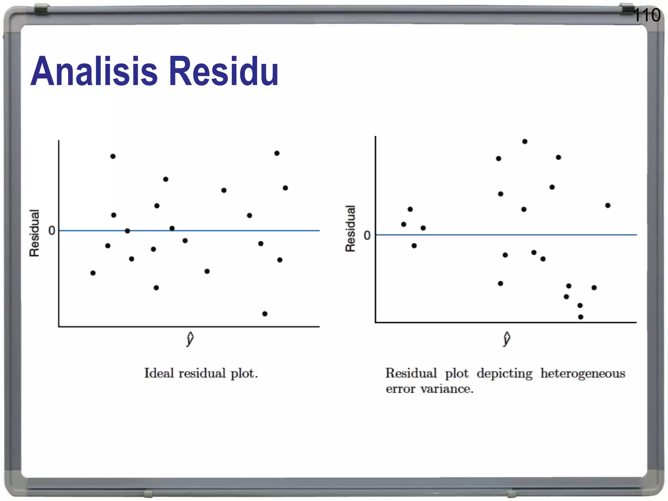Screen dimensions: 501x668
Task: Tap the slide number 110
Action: click(x=646, y=15)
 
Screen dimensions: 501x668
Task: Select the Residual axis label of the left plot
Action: click(x=35, y=233)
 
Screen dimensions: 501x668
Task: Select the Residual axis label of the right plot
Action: click(x=350, y=229)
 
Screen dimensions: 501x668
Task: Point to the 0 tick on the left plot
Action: click(x=52, y=231)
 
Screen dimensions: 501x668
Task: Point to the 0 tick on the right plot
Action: click(x=367, y=235)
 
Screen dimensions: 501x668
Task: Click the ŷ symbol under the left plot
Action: click(x=190, y=339)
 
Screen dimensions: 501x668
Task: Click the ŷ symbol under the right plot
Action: click(x=507, y=339)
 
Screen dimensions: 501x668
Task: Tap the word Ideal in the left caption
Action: click(x=159, y=373)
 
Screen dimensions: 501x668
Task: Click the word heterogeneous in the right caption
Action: click(x=583, y=373)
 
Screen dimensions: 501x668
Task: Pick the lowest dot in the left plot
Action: click(x=265, y=314)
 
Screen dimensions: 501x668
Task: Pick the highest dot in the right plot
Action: click(x=525, y=142)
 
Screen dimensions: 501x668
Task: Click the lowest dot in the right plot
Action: click(x=581, y=317)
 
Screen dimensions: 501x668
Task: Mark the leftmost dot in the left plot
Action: click(x=93, y=273)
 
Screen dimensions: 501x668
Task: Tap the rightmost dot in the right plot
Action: click(x=608, y=205)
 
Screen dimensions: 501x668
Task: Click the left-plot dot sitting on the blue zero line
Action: click(x=128, y=231)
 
